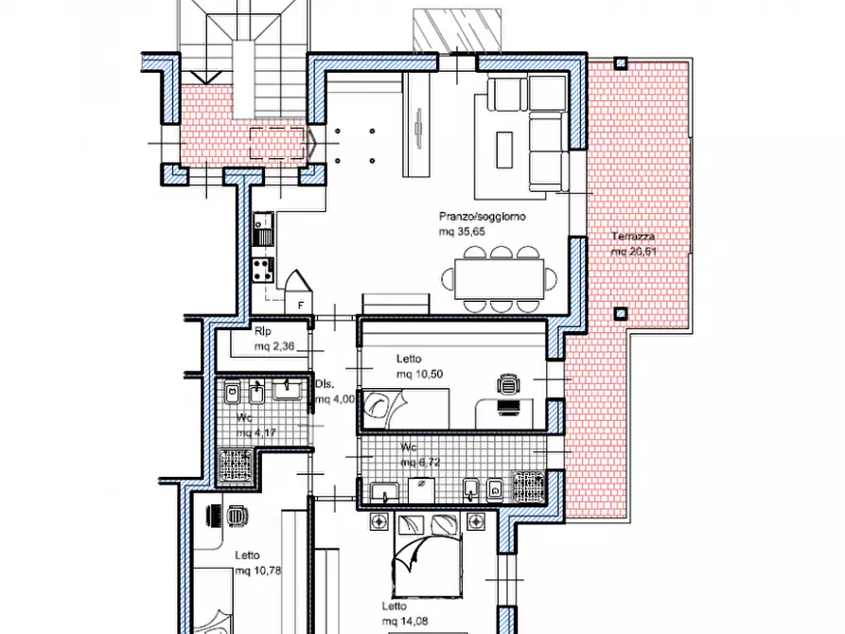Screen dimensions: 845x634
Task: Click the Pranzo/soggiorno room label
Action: (x=483, y=217)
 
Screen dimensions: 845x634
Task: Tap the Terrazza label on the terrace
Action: (x=633, y=237)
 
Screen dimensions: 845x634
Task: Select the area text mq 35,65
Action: (x=462, y=232)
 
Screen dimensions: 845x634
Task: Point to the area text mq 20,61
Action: (x=634, y=252)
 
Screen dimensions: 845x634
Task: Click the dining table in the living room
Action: (x=499, y=279)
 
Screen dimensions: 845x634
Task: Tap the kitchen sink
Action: (x=263, y=229)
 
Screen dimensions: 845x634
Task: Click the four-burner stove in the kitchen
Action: (x=263, y=270)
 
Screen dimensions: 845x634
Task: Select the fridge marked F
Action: (x=299, y=292)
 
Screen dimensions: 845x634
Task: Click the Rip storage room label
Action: (x=263, y=331)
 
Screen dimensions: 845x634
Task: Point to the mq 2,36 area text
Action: (x=274, y=346)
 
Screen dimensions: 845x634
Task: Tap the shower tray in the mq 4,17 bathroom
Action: (x=236, y=466)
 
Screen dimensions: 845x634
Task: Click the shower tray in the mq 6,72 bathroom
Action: (x=528, y=486)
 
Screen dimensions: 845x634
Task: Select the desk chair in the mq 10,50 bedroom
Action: (x=509, y=384)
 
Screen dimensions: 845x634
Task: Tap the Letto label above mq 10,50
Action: (x=409, y=359)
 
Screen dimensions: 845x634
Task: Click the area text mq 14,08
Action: (x=405, y=622)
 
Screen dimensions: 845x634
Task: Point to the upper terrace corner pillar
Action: (x=621, y=63)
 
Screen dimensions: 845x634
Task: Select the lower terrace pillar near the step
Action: (x=621, y=313)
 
